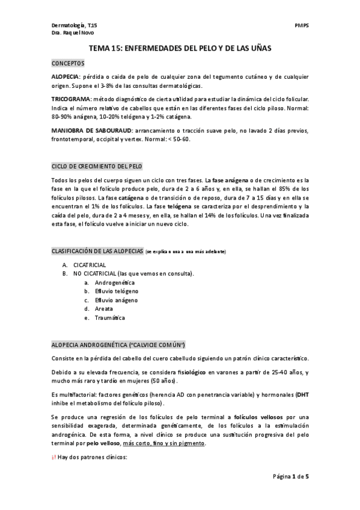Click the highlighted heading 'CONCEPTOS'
coord(68,63)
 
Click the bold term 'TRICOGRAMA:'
coord(72,97)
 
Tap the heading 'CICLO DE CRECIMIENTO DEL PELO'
coord(96,165)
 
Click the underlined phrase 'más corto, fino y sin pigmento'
coord(164,443)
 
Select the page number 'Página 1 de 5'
coord(291,476)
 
